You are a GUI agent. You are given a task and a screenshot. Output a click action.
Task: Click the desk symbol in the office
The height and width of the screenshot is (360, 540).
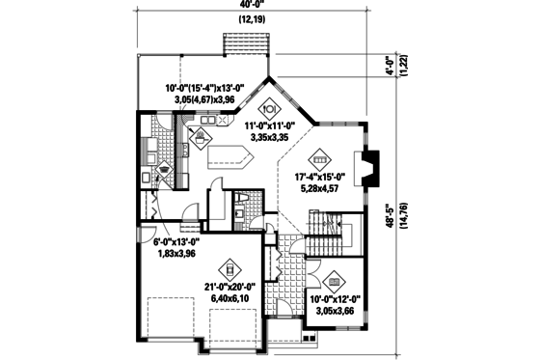[x=334, y=281]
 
